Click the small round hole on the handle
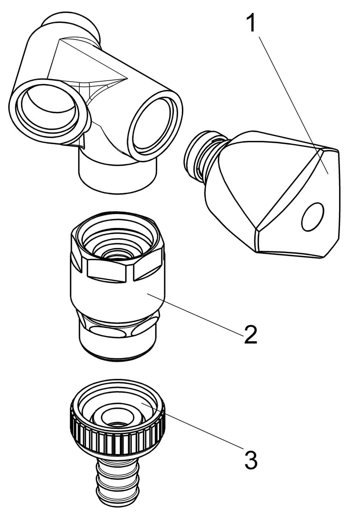313,216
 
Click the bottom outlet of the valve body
119,177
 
